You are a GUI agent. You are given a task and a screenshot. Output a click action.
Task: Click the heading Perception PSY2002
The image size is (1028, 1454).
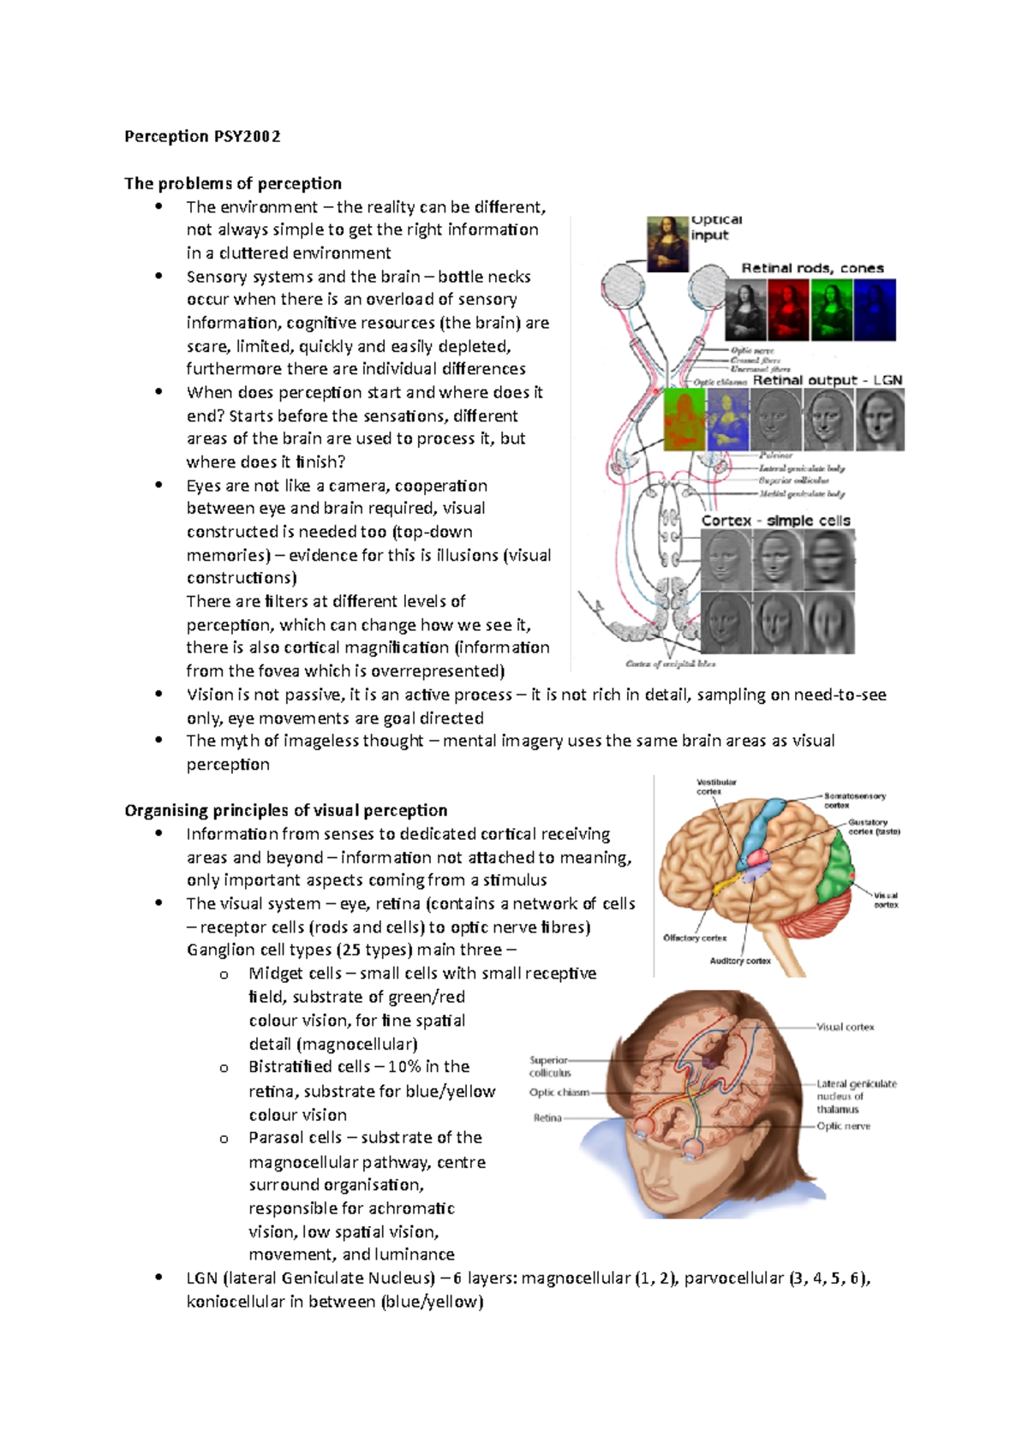(202, 136)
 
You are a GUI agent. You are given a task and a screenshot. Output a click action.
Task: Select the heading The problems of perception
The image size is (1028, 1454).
(233, 183)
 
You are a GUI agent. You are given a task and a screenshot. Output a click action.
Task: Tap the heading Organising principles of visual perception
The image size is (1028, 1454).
(286, 810)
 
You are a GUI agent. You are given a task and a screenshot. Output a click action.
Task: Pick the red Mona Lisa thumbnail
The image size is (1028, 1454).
(788, 309)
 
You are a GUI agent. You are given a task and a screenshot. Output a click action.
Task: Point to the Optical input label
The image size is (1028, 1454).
(715, 227)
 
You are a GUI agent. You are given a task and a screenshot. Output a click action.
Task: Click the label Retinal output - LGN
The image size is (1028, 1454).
(827, 379)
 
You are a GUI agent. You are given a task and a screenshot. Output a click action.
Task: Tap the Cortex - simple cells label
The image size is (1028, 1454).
(775, 521)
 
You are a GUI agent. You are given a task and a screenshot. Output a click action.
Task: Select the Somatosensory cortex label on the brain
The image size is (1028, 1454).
(854, 800)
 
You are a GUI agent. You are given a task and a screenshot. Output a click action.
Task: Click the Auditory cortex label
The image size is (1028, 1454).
(740, 961)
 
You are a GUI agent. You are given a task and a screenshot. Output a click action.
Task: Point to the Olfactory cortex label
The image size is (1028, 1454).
(695, 938)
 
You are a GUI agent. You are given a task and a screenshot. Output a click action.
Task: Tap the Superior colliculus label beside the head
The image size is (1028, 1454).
(550, 1066)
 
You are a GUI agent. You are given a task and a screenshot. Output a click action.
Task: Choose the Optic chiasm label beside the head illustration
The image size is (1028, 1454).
(559, 1092)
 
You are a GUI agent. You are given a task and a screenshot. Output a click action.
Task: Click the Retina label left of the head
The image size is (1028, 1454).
(547, 1117)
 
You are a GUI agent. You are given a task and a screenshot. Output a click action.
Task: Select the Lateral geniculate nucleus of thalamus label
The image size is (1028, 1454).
(856, 1096)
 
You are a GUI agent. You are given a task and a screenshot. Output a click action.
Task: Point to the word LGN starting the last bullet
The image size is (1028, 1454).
(201, 1278)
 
